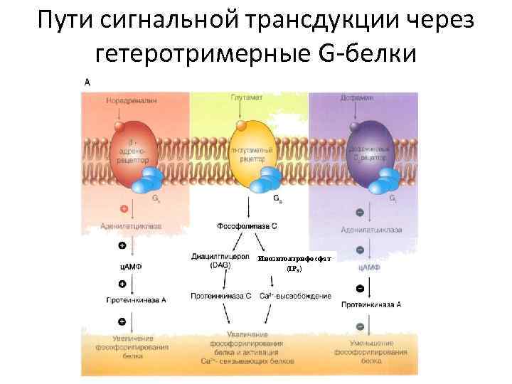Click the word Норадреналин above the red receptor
[x=132, y=101]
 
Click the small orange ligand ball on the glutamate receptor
[x=240, y=126]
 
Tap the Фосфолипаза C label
[x=247, y=226]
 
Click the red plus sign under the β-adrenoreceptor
[x=124, y=210]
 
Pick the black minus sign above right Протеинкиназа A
[x=360, y=288]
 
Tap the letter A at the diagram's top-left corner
[x=87, y=82]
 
